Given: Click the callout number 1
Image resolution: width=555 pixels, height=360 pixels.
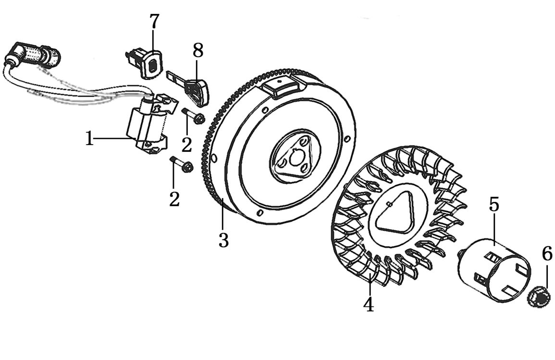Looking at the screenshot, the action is pyautogui.click(x=89, y=139).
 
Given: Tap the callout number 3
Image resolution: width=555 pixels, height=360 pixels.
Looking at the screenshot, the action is pyautogui.click(x=223, y=240).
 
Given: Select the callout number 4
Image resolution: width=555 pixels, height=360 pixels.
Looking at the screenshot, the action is pyautogui.click(x=369, y=304).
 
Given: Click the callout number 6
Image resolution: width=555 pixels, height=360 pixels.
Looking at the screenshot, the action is pyautogui.click(x=547, y=253).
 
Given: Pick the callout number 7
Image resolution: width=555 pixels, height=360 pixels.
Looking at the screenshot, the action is pyautogui.click(x=154, y=22).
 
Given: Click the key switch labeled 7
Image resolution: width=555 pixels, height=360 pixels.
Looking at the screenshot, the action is pyautogui.click(x=145, y=62).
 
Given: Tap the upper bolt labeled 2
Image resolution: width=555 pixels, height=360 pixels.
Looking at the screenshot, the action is pyautogui.click(x=193, y=116).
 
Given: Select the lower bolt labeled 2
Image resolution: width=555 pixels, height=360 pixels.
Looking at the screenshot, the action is pyautogui.click(x=182, y=164).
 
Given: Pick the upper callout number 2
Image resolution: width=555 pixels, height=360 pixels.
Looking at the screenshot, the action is pyautogui.click(x=186, y=144).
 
